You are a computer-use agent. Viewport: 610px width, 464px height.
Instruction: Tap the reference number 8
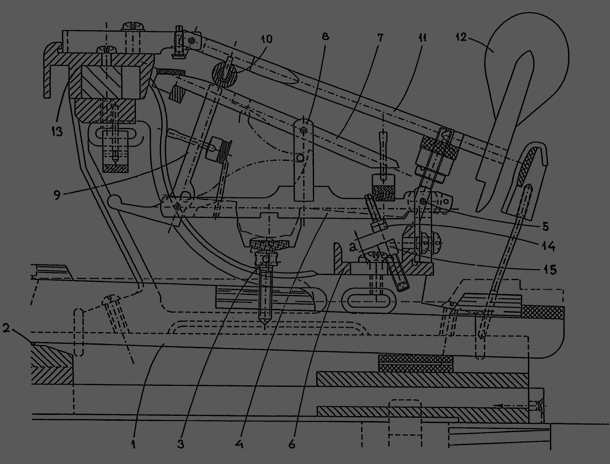point(325,36)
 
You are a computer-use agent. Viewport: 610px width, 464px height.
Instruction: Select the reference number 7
point(380,38)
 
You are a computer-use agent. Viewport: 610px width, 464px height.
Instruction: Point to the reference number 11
point(422,38)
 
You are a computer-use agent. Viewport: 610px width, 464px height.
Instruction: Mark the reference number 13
point(57,131)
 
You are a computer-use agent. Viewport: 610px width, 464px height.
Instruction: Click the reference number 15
point(550,270)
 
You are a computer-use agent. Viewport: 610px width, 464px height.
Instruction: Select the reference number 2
point(6,328)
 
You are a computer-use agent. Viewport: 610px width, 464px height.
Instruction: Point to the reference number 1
point(133,444)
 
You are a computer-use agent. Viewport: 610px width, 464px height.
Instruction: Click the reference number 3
point(181,444)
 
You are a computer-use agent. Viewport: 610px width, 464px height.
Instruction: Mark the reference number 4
point(239,444)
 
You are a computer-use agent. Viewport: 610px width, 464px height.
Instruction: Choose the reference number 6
point(292,444)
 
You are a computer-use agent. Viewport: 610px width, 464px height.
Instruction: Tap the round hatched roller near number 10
point(224,74)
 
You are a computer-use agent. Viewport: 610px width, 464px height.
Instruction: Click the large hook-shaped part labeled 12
point(524,63)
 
